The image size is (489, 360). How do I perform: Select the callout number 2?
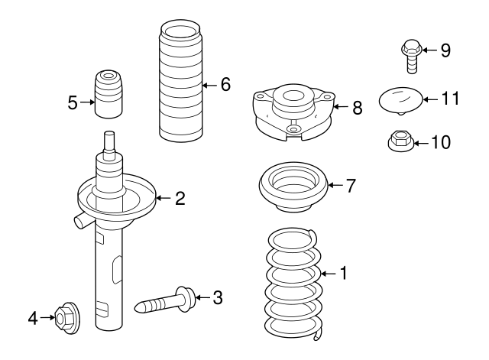click(x=180, y=199)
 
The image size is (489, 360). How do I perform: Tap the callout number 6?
click(x=225, y=85)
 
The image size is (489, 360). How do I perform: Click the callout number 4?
click(x=32, y=316)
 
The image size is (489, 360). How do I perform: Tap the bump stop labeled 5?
click(x=108, y=94)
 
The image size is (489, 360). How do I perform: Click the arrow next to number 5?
click(x=85, y=102)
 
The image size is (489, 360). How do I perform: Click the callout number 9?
click(x=445, y=50)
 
